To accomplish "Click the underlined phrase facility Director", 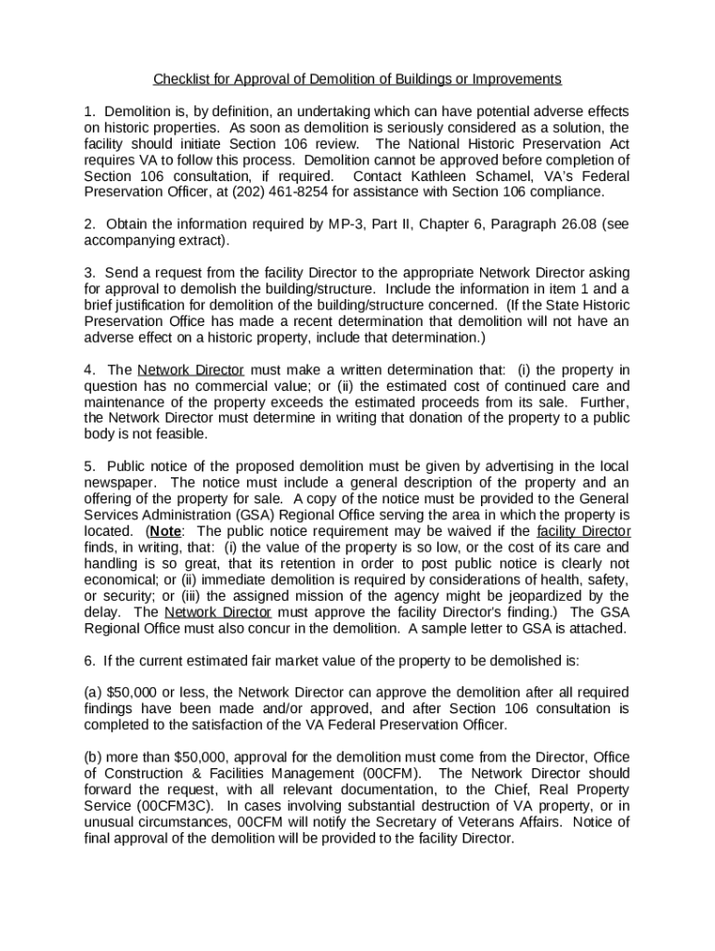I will (583, 531).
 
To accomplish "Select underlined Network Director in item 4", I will (190, 370).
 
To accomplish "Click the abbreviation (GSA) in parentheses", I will (277, 515).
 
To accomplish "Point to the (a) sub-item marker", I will (93, 693).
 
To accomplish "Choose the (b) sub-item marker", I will (93, 758).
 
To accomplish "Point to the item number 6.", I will (88, 660).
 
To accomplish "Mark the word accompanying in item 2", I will (127, 241).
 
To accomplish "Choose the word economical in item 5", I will (123, 580).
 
